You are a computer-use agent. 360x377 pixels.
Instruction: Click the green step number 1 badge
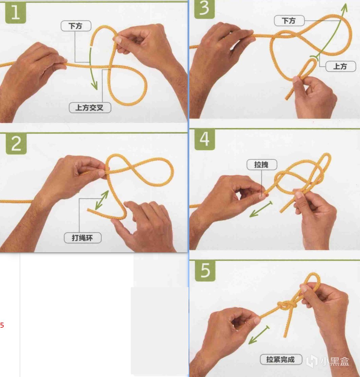[16, 13]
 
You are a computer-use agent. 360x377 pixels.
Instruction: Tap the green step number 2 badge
[16, 144]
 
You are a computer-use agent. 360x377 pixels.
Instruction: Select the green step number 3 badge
[204, 9]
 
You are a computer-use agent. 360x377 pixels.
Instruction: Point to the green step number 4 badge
[205, 140]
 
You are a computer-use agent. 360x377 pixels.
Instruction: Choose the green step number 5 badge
[205, 271]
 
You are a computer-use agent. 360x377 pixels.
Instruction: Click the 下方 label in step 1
[76, 26]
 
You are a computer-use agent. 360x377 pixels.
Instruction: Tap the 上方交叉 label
[90, 107]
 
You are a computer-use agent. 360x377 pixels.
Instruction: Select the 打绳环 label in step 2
[82, 238]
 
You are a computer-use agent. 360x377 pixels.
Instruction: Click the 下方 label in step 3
[289, 21]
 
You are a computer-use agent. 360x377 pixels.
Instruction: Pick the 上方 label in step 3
[340, 66]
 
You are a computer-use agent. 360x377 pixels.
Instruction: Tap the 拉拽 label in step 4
[262, 165]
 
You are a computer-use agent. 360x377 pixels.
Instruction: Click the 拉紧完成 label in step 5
[281, 359]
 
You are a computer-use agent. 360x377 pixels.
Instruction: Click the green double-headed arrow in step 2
[102, 200]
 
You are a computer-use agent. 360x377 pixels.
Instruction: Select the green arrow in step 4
[261, 209]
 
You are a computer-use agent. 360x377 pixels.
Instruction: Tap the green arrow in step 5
[259, 335]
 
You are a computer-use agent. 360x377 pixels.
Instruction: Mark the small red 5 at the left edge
[2, 325]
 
